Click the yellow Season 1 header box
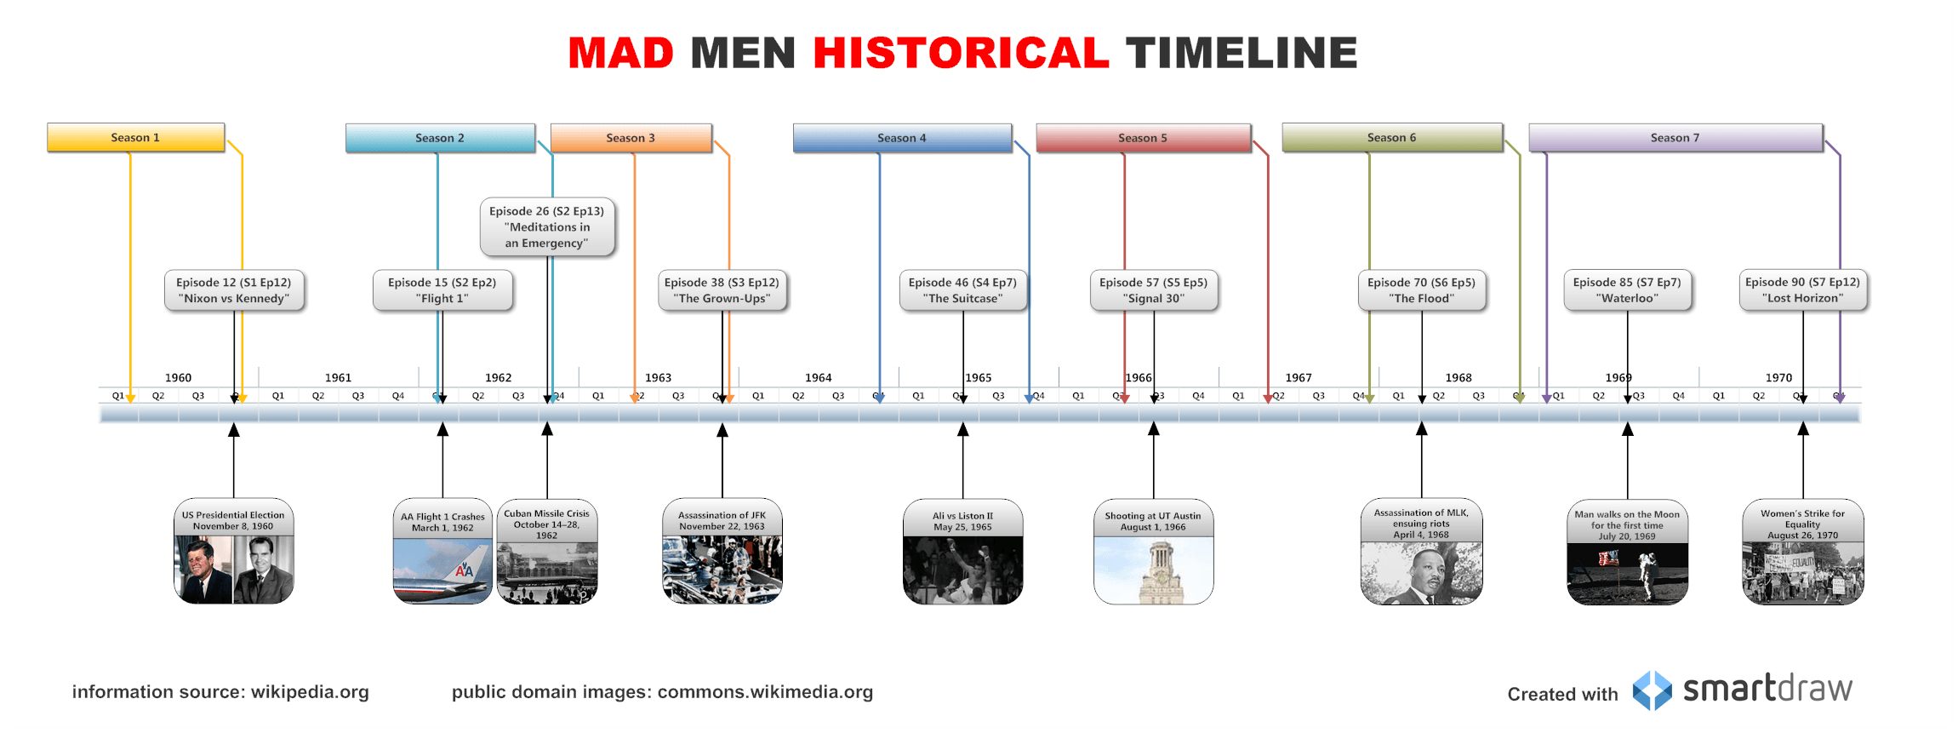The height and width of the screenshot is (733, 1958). pyautogui.click(x=135, y=137)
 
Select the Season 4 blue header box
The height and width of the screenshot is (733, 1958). pyautogui.click(x=902, y=137)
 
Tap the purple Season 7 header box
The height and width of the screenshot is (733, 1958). pyautogui.click(x=1675, y=137)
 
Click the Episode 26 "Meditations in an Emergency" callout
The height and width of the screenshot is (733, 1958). pyautogui.click(x=546, y=226)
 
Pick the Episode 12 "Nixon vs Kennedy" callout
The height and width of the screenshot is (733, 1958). pyautogui.click(x=233, y=290)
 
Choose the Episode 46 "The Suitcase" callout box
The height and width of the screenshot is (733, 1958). pyautogui.click(x=962, y=290)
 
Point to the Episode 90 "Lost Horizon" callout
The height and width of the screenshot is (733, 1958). pyautogui.click(x=1802, y=290)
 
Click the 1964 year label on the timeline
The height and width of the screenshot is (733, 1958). pyautogui.click(x=818, y=377)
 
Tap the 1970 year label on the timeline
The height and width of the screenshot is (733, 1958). pyautogui.click(x=1778, y=377)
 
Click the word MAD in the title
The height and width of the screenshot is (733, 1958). pyautogui.click(x=620, y=53)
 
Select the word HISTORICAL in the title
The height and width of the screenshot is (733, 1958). pyautogui.click(x=961, y=53)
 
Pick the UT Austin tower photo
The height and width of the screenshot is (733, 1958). pyautogui.click(x=1153, y=571)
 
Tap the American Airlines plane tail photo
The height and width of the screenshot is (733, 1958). pyautogui.click(x=442, y=571)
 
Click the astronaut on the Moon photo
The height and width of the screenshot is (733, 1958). pyautogui.click(x=1627, y=573)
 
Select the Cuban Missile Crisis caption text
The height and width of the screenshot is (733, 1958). pyautogui.click(x=546, y=524)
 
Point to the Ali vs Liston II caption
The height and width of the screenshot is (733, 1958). pyautogui.click(x=962, y=521)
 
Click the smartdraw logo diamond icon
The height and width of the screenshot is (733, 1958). pyautogui.click(x=1652, y=690)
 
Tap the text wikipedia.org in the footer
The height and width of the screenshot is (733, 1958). pyautogui.click(x=310, y=691)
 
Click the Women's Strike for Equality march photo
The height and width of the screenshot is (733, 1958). pyautogui.click(x=1802, y=574)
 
